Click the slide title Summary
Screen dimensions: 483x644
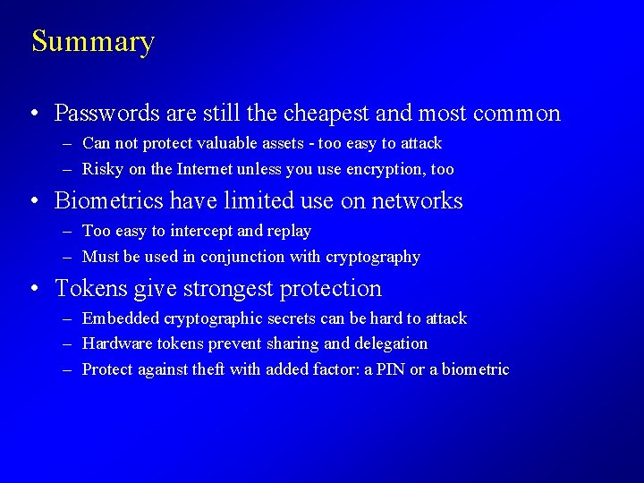[93, 42]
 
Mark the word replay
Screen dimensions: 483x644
[289, 231]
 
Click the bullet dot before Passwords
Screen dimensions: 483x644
[33, 114]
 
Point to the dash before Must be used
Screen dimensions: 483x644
[68, 258]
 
